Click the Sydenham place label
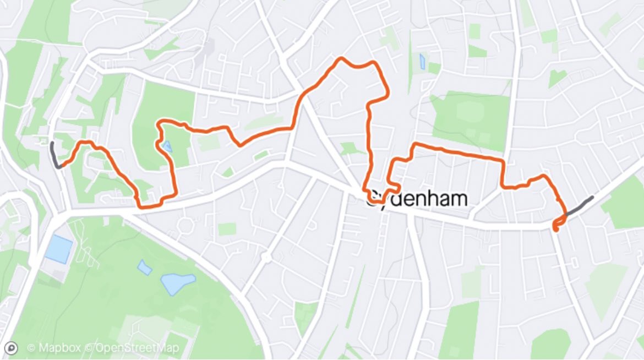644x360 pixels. click(x=417, y=199)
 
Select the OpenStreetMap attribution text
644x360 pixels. click(x=138, y=348)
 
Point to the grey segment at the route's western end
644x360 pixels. click(x=54, y=154)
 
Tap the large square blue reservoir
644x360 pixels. click(x=58, y=249)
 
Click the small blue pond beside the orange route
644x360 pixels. click(x=167, y=146)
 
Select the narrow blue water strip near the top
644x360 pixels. click(x=422, y=62)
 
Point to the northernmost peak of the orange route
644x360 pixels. click(x=342, y=58)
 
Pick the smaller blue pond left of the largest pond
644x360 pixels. click(x=144, y=268)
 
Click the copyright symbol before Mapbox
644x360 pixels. click(x=31, y=348)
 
